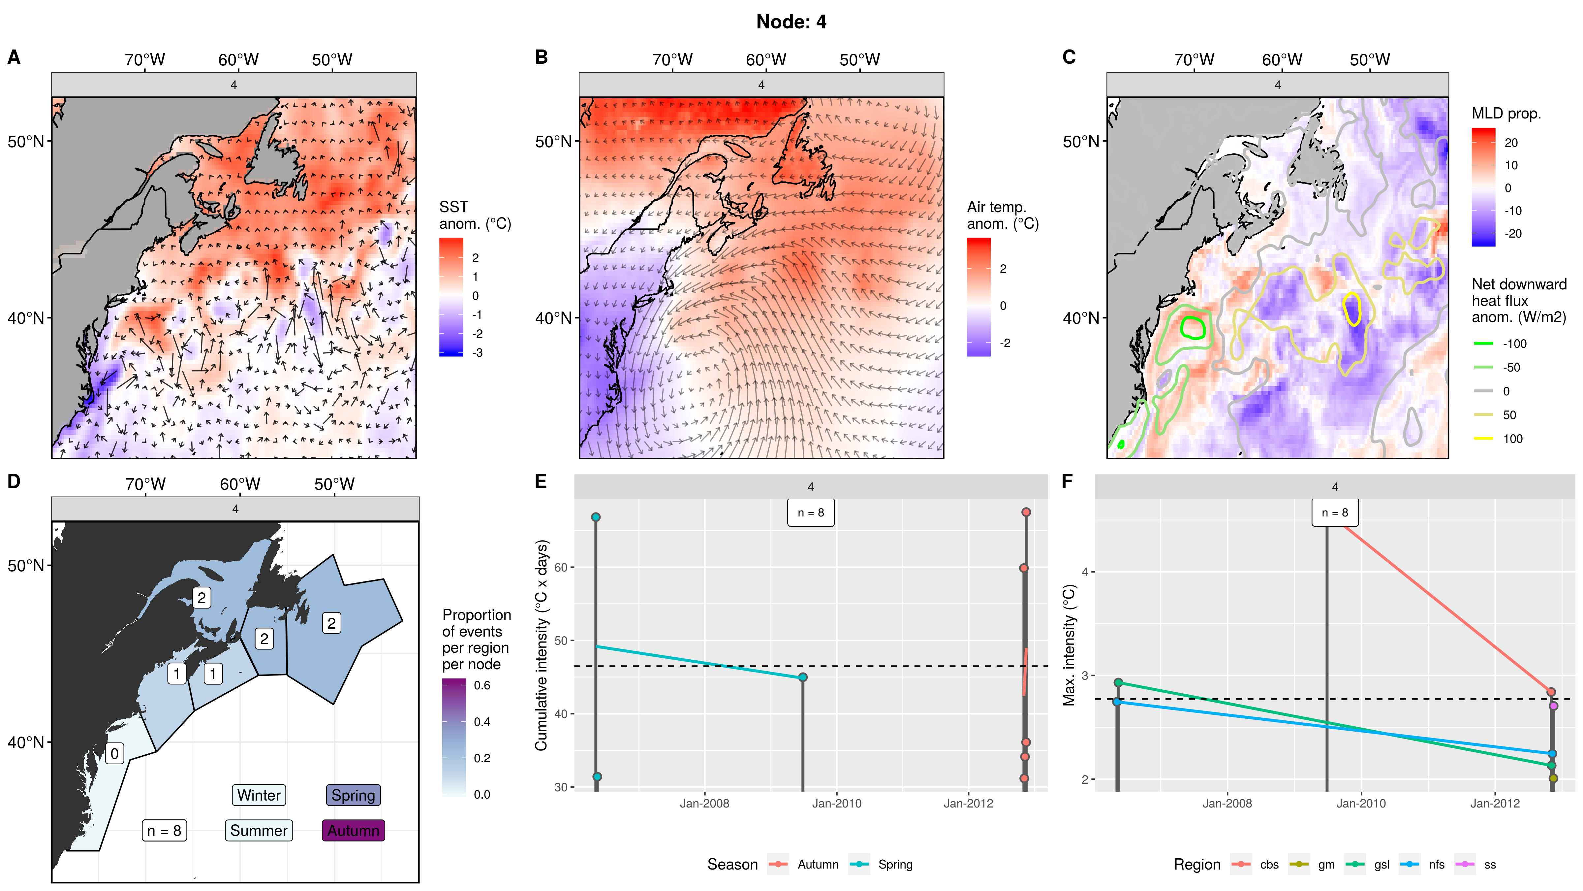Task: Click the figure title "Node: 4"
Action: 791,22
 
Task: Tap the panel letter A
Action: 14,57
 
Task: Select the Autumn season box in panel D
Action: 353,830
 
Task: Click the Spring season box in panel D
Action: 353,795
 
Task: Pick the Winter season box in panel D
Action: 259,795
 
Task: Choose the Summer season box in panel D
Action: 259,830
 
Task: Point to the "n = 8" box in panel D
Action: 164,831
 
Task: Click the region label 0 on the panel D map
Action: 114,753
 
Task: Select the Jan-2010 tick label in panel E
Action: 836,803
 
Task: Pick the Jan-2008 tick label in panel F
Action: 1226,803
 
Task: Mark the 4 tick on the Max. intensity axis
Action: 1085,572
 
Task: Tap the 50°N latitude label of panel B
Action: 553,142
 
